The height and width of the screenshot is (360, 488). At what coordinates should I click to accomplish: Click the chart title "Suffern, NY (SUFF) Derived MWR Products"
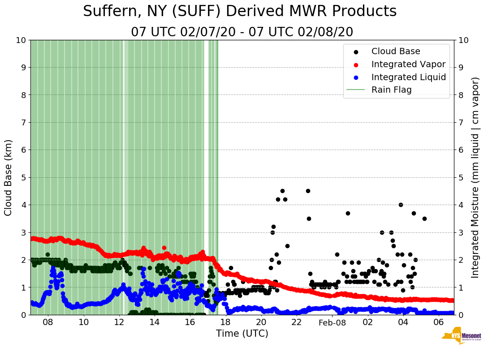240,12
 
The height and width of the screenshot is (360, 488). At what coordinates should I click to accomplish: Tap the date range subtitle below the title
242,32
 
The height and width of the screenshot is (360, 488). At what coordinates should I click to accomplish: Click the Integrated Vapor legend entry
408,64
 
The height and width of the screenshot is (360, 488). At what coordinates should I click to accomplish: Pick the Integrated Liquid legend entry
408,77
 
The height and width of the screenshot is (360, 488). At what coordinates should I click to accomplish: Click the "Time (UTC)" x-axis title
242,334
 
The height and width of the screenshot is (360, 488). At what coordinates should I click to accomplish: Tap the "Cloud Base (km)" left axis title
9,177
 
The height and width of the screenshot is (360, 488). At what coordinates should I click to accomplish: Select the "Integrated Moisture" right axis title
475,177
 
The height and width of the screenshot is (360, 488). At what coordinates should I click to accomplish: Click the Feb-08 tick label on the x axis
332,322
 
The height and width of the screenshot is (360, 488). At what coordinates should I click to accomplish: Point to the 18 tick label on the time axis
225,322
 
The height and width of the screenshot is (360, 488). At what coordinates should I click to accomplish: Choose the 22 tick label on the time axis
297,322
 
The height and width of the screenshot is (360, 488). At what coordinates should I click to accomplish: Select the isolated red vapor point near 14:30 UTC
164,248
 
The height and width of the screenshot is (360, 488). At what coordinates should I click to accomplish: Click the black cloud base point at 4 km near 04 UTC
401,205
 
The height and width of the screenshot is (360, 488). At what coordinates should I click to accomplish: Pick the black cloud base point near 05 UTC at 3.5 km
424,219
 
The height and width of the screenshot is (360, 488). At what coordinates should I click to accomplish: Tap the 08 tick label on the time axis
48,322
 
